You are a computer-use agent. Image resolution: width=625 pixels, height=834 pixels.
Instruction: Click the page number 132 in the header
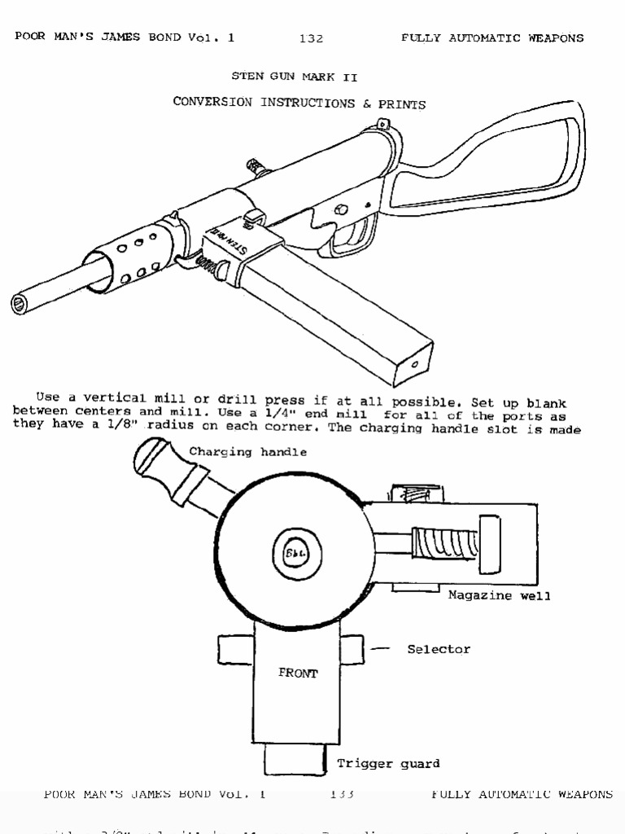click(311, 38)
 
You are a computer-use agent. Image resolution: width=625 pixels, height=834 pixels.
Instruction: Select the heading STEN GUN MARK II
click(295, 77)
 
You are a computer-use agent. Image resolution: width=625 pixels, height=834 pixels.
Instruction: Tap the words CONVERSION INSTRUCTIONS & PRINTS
click(299, 103)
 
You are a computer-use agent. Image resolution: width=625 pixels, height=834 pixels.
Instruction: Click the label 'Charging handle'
click(248, 453)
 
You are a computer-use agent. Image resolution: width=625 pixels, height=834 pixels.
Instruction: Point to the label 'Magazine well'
click(499, 595)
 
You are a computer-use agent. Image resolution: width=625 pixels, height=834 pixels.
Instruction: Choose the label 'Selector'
click(439, 649)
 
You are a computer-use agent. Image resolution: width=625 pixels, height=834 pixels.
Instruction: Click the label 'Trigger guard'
click(388, 763)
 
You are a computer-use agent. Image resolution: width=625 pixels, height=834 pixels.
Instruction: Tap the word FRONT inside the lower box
click(298, 673)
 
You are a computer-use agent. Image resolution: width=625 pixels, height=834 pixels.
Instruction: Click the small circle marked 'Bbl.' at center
click(291, 554)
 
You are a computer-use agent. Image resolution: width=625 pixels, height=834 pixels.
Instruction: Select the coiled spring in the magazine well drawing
click(444, 543)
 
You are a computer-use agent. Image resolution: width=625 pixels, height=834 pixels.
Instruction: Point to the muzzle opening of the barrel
click(20, 305)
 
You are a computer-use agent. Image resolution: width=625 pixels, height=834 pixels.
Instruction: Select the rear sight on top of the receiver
click(382, 125)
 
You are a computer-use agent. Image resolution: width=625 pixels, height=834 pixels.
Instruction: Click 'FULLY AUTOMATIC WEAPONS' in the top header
click(492, 38)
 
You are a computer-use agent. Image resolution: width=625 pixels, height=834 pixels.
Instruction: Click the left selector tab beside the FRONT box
click(235, 649)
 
